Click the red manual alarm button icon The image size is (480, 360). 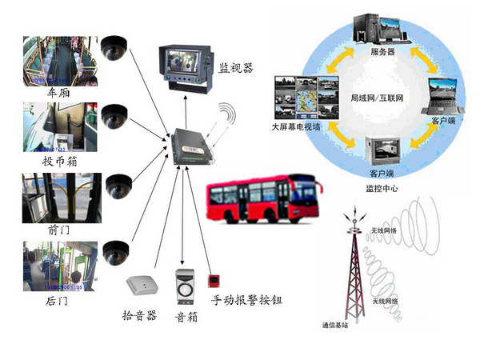[213, 282]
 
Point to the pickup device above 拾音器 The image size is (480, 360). [142, 284]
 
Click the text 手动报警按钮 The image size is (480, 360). [246, 302]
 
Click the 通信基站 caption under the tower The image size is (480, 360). [338, 325]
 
